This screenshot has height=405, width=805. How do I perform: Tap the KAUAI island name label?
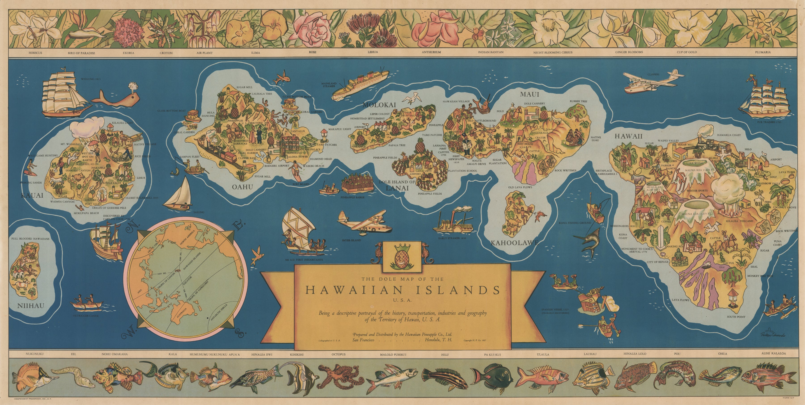coord(32,196)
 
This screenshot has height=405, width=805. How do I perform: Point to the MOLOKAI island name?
coord(379,105)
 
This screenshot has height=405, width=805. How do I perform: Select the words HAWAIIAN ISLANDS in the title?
coord(402,290)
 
